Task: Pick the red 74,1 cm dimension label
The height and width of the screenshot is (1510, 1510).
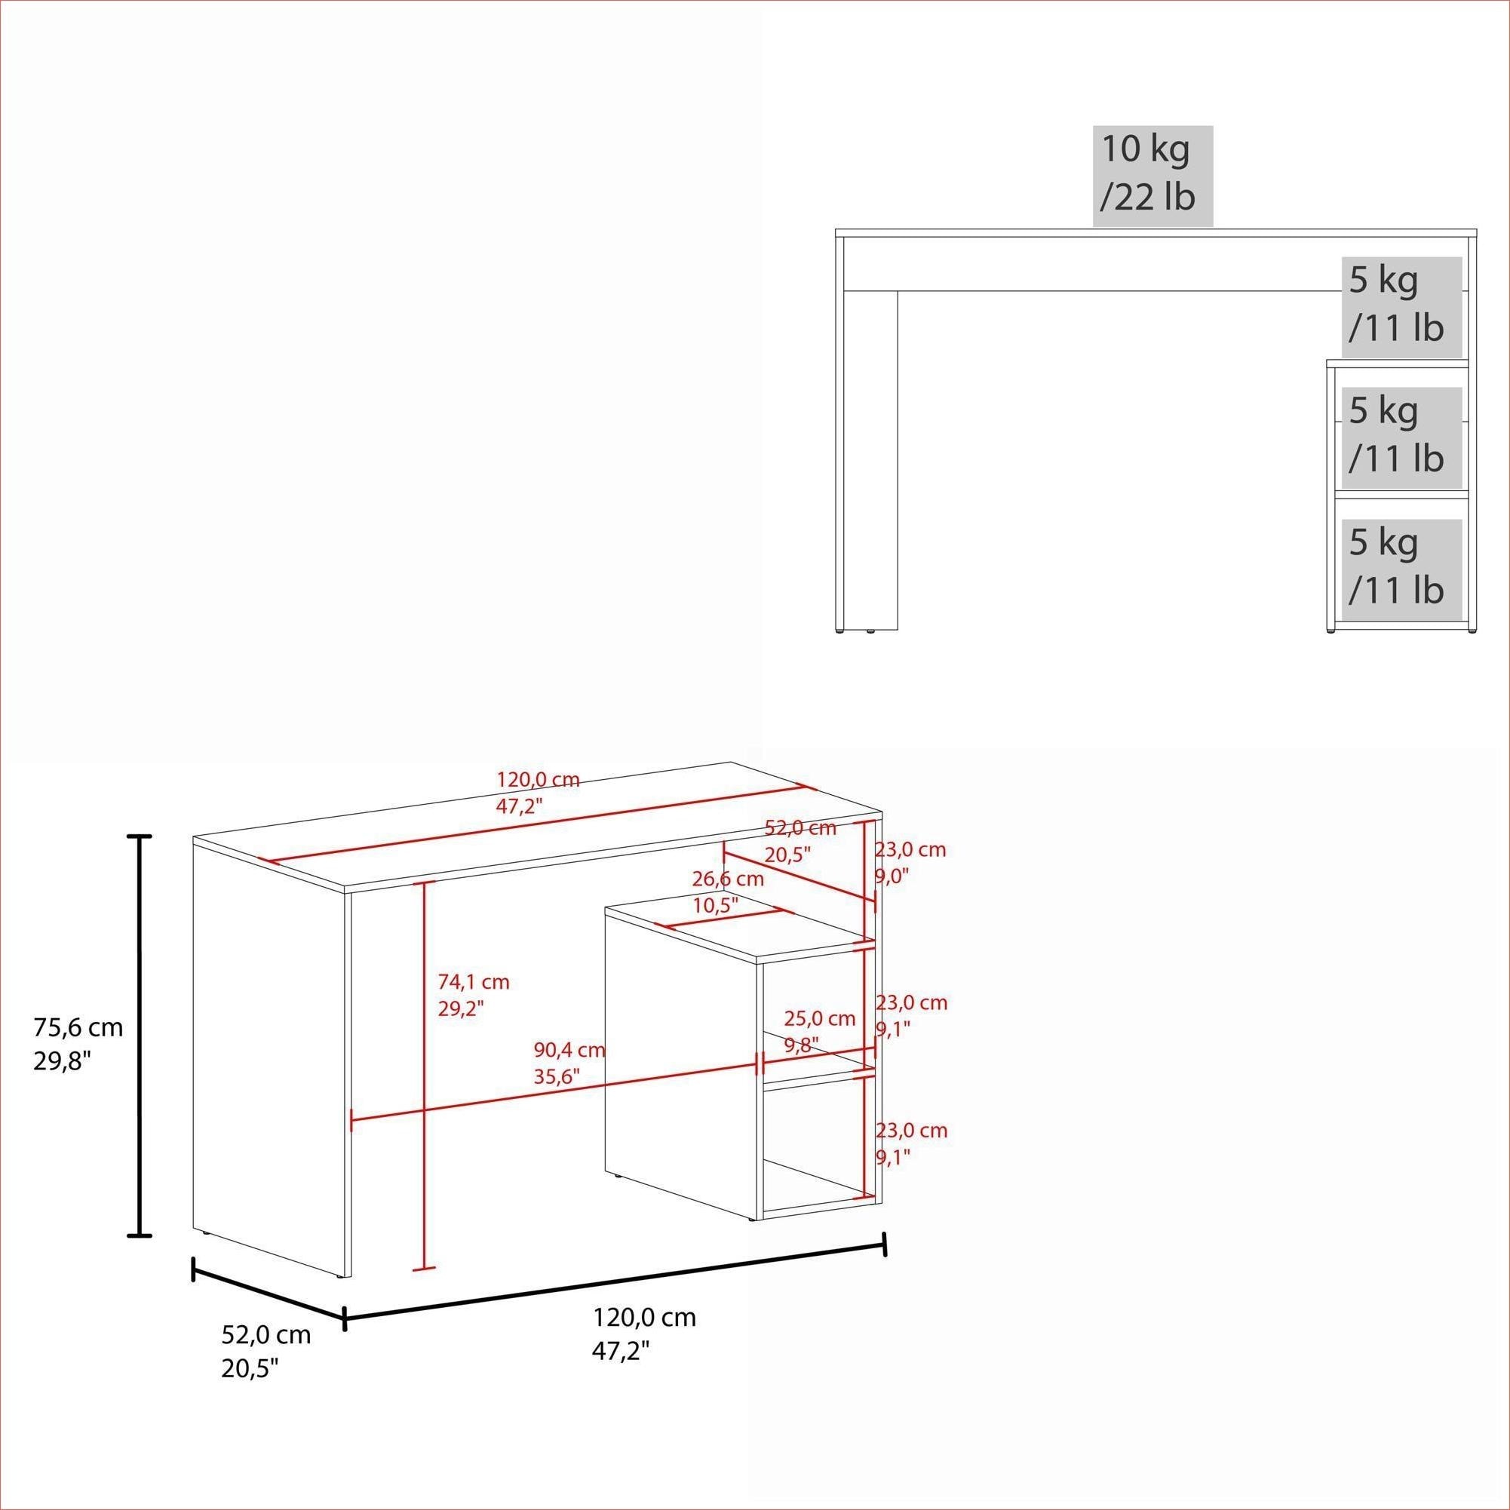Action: coord(473,994)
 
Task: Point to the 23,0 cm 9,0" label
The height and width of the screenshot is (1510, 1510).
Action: coord(910,862)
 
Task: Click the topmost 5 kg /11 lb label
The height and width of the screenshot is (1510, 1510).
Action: coord(1396,304)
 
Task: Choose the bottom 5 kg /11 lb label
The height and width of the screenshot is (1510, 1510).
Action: coord(1396,566)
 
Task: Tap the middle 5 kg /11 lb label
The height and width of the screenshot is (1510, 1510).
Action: coord(1396,434)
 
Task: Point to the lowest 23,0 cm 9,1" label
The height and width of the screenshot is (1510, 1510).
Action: coord(910,1143)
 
